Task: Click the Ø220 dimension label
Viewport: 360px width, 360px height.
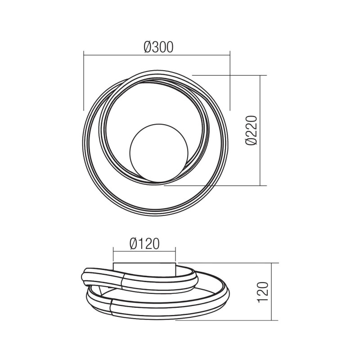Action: (x=252, y=130)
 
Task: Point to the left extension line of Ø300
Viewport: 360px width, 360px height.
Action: (x=84, y=81)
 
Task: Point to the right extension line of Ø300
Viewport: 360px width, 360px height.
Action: (x=230, y=81)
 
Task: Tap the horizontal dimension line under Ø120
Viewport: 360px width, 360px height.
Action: (x=144, y=252)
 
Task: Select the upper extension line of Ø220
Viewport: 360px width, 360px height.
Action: (x=229, y=75)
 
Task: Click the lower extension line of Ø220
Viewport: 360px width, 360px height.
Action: (x=216, y=185)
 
